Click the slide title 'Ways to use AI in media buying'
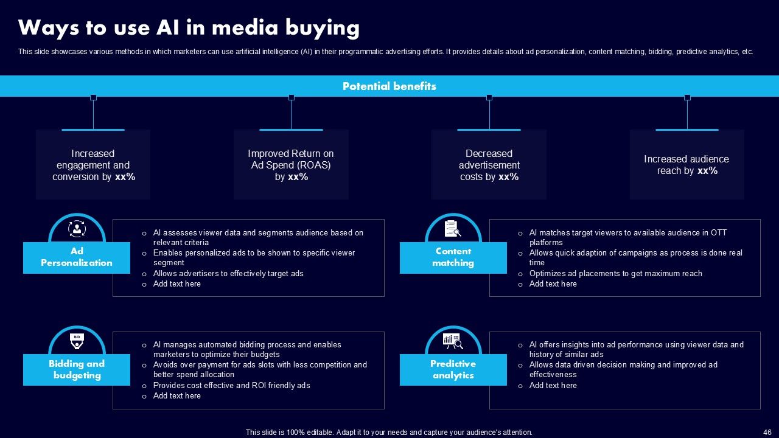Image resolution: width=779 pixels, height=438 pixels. (x=189, y=28)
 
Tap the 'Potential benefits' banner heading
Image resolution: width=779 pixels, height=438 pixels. (x=389, y=86)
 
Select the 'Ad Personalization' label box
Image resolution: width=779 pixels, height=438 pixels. (x=77, y=257)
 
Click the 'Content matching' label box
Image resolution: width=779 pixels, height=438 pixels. (x=453, y=257)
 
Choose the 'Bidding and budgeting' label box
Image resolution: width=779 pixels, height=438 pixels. (x=77, y=370)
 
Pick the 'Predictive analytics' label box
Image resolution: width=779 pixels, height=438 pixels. (x=453, y=370)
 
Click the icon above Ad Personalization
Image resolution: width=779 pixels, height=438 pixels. (x=77, y=229)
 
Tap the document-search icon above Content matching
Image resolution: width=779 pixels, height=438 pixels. (x=453, y=229)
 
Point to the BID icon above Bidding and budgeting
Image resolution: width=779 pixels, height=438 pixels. (x=77, y=341)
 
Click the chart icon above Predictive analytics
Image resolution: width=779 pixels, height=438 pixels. (x=453, y=341)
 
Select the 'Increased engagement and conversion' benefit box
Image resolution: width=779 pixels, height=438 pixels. (x=93, y=165)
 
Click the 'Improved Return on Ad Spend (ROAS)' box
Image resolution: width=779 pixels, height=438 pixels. (x=291, y=165)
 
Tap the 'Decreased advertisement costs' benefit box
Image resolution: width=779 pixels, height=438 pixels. (x=489, y=165)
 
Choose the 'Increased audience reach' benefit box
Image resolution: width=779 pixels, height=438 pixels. (x=686, y=165)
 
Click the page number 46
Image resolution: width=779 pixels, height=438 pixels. (x=767, y=433)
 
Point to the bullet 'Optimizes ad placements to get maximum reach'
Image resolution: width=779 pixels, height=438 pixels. (x=615, y=274)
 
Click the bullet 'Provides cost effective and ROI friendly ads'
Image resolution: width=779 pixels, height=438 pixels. (x=231, y=386)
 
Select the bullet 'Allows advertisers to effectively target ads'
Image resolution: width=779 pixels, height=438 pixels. (x=228, y=274)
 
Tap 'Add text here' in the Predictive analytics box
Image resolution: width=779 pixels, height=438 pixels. (x=553, y=386)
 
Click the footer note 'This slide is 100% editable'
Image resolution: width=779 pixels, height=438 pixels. (x=389, y=433)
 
